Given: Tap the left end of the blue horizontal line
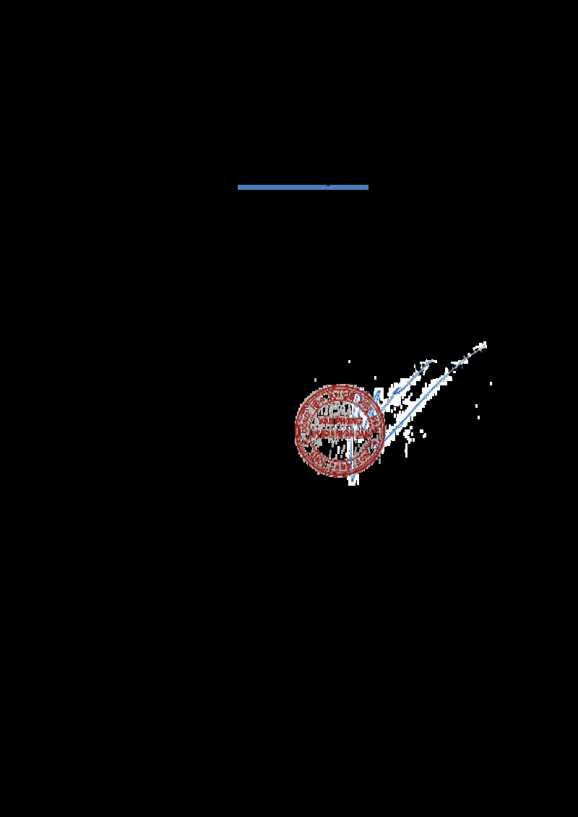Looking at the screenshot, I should [x=239, y=188].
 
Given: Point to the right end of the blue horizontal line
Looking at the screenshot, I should [x=367, y=188].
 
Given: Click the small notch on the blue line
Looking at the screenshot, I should [x=329, y=186].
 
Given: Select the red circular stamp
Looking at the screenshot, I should [x=339, y=430].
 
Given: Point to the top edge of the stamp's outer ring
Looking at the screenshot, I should [x=339, y=385].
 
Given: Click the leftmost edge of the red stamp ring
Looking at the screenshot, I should [x=296, y=430].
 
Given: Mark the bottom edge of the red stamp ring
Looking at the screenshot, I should [x=339, y=475].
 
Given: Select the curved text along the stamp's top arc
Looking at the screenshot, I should [x=339, y=395].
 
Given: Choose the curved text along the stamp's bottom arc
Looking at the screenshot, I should [x=339, y=466].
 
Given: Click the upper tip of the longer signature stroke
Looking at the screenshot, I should [x=484, y=344].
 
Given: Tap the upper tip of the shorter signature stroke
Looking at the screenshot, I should [x=431, y=362].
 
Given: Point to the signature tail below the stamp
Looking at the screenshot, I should [x=353, y=479].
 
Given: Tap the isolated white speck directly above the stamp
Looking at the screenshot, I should [x=349, y=362].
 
